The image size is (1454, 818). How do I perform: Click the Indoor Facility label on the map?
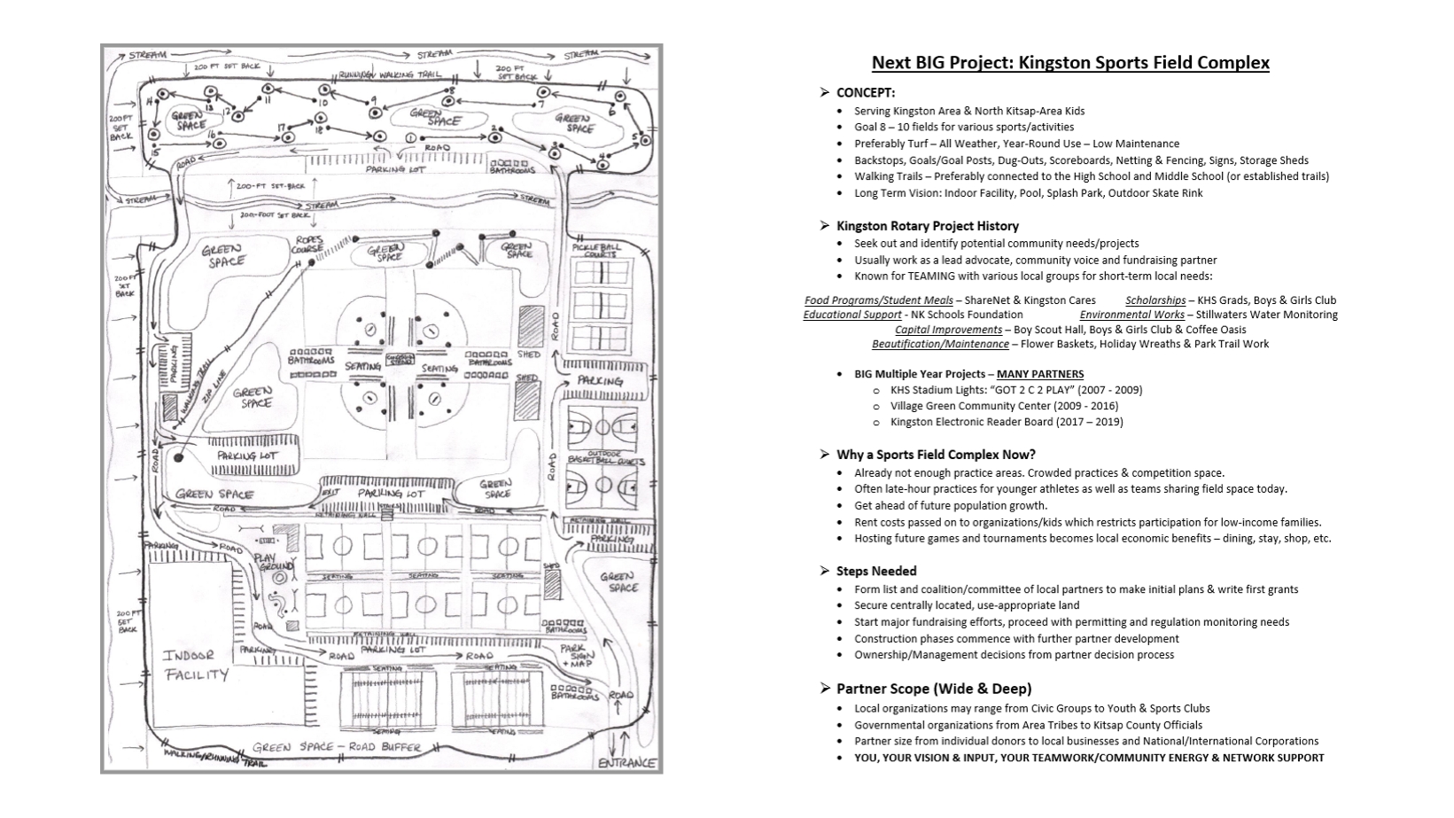tap(195, 665)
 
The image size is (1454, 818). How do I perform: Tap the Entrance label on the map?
tap(628, 762)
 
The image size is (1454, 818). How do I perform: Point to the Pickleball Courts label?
tap(596, 250)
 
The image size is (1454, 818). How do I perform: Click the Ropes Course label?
tap(307, 244)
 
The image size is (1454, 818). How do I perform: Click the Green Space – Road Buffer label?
tap(337, 747)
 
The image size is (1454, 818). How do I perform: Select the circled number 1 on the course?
tap(410, 138)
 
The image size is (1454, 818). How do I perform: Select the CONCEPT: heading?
tap(865, 92)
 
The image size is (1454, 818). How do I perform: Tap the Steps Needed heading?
tap(875, 571)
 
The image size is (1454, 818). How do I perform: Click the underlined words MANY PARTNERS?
tap(1039, 374)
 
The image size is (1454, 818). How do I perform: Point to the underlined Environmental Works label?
tap(1131, 315)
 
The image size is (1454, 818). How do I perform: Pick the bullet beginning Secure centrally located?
tap(966, 605)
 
